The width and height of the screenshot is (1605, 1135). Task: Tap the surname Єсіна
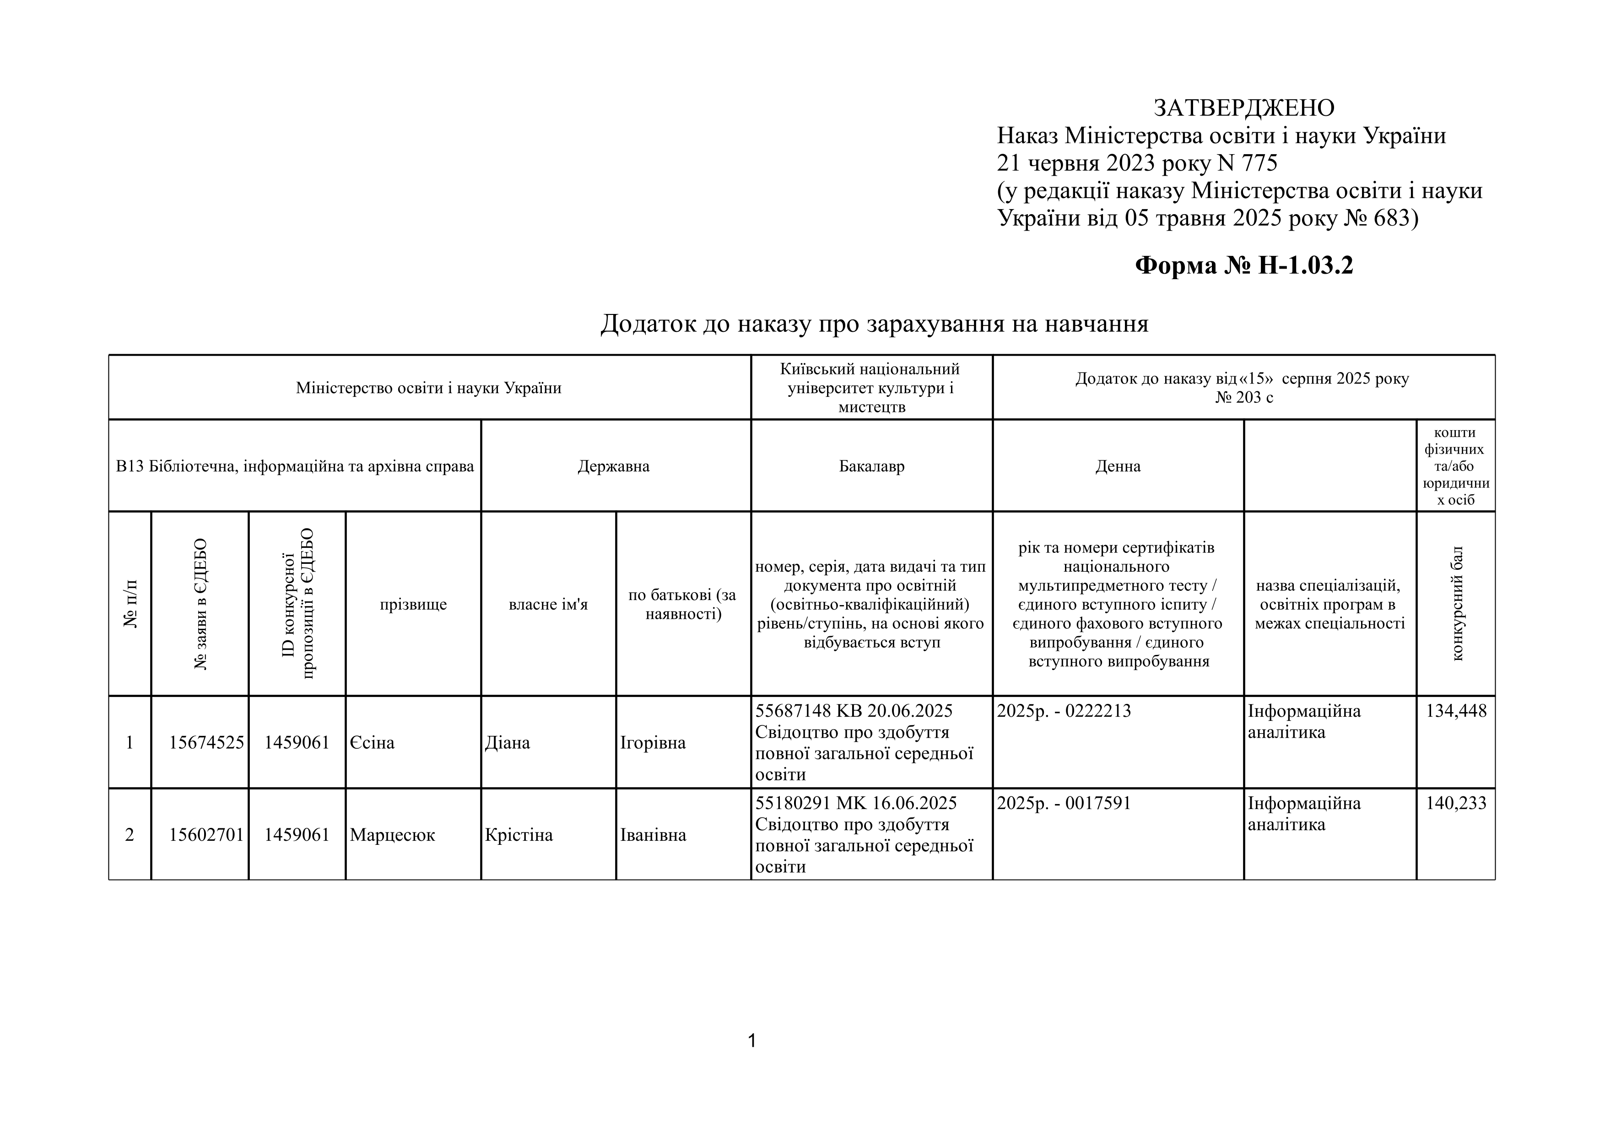tap(372, 742)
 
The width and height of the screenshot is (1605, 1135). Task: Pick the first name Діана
tap(508, 742)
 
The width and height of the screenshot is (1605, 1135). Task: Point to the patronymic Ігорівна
tap(653, 742)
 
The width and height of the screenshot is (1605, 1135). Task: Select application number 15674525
tap(206, 742)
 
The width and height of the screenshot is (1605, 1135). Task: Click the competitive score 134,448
tap(1456, 711)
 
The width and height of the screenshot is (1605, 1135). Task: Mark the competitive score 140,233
tap(1456, 803)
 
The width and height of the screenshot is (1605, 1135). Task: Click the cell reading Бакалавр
tap(872, 466)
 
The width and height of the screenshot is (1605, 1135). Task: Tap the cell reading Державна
tap(614, 466)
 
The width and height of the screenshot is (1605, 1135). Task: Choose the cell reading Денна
tap(1118, 466)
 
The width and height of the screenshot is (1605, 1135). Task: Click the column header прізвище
tap(413, 605)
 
